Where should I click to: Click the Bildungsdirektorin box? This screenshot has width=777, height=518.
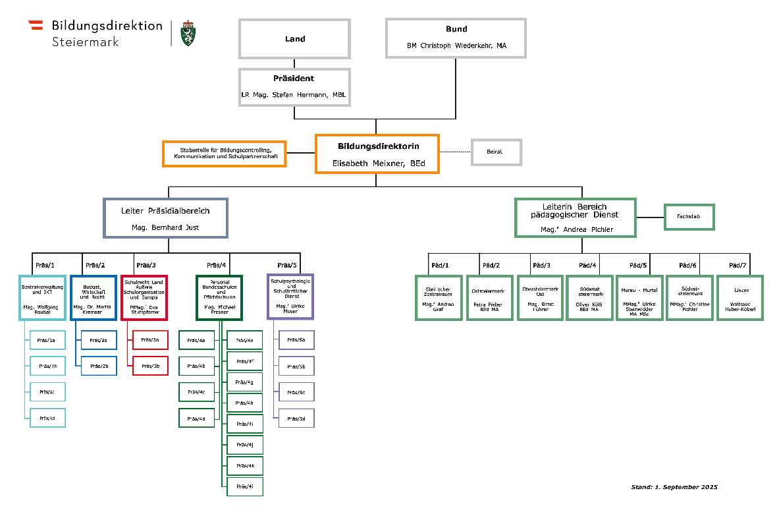coord(377,154)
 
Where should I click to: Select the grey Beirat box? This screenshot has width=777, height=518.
coord(496,152)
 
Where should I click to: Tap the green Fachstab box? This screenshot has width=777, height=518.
coord(689,216)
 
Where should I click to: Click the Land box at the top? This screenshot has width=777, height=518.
coord(294,39)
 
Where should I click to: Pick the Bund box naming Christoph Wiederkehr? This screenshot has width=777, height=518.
coord(456,38)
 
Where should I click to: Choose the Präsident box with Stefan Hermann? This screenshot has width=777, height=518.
coord(294,86)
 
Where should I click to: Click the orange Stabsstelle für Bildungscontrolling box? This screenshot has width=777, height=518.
coord(225,154)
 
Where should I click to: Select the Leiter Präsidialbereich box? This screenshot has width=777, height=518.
coord(165,218)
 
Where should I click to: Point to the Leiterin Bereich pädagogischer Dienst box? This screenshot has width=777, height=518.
coord(575,217)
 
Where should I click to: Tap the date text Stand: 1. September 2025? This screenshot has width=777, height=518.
coord(674,487)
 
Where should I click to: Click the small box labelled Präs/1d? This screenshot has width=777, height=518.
coord(47,418)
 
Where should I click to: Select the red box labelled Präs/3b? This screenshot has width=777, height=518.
coord(150,365)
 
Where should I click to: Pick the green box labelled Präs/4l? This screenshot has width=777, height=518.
coord(245,486)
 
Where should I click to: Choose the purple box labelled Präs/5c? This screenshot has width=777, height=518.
coord(296,392)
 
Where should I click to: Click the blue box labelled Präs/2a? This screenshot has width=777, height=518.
coord(99,340)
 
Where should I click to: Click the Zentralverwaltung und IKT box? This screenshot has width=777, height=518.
coord(42,297)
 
